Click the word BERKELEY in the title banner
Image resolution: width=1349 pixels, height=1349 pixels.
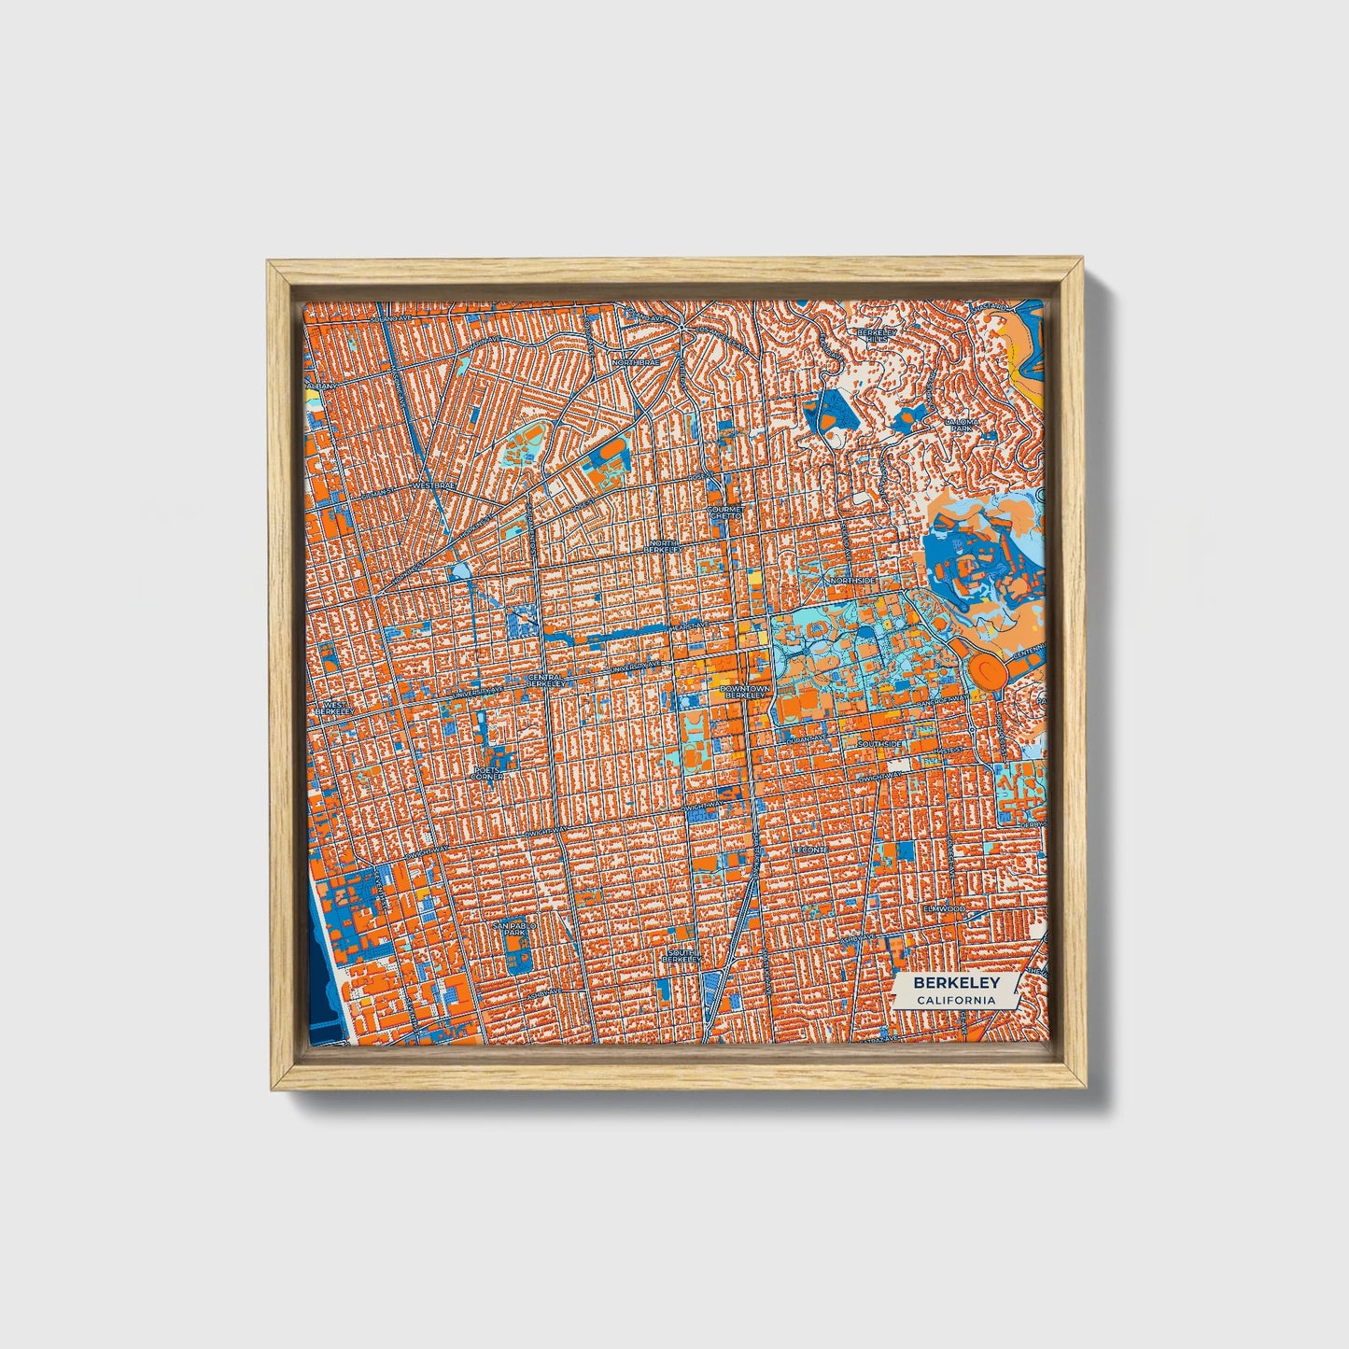(956, 983)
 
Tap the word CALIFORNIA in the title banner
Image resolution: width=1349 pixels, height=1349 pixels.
(955, 1001)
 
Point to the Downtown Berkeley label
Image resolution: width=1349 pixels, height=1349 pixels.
(746, 692)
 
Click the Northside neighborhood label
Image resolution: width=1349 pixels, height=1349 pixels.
(852, 581)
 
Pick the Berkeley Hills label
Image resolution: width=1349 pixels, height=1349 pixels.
(877, 335)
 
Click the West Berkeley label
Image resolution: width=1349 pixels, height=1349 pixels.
(334, 708)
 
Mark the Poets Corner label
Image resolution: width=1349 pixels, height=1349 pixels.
(487, 773)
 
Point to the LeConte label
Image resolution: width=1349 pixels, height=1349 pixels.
(808, 850)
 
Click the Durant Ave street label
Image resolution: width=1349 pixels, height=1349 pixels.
(801, 738)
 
